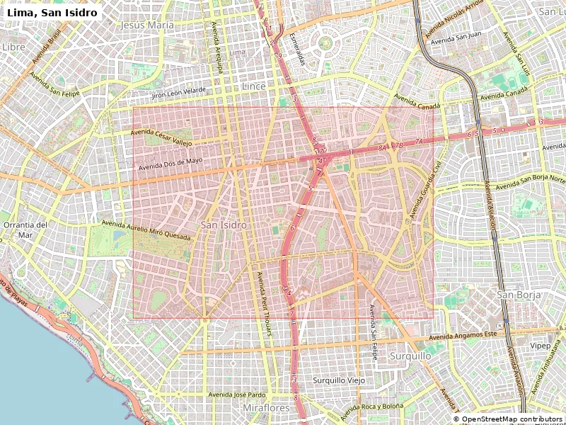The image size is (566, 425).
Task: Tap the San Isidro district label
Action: click(x=224, y=225)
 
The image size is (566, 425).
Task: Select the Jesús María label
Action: click(x=147, y=25)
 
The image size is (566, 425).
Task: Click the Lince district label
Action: click(x=254, y=86)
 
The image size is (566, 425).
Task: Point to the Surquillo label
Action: click(x=410, y=356)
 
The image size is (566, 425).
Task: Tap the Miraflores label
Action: click(x=266, y=409)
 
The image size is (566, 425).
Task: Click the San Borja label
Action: click(x=519, y=294)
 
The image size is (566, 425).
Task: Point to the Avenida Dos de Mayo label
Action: click(x=170, y=163)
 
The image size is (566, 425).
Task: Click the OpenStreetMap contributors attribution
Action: click(x=508, y=419)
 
